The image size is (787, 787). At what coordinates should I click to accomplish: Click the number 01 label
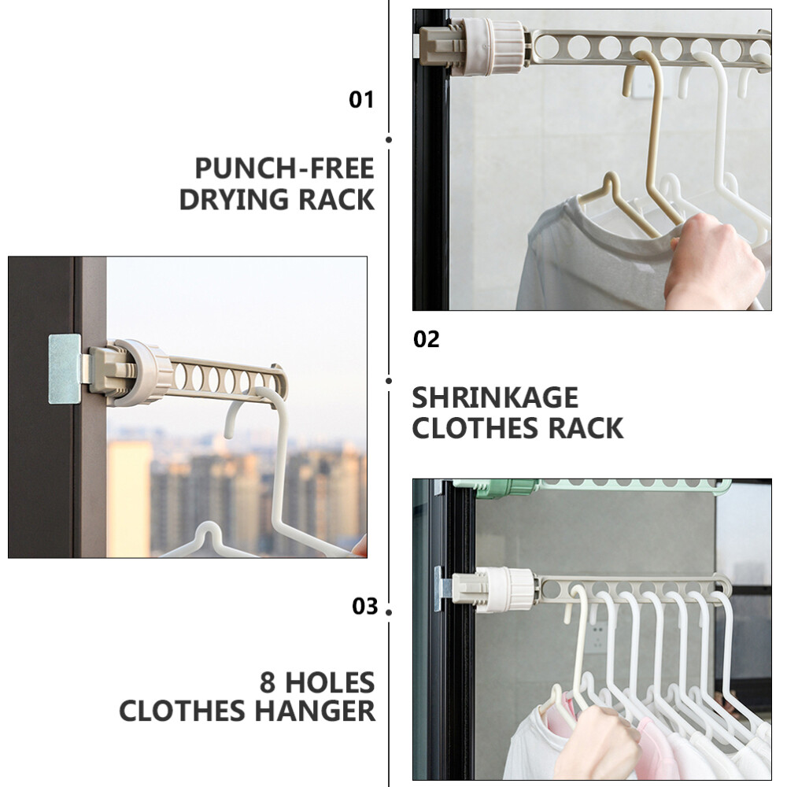pos(361,100)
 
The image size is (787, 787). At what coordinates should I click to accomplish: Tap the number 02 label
pos(426,340)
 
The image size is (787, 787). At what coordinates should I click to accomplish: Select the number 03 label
pos(365,606)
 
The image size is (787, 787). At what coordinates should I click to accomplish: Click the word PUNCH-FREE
pos(285,168)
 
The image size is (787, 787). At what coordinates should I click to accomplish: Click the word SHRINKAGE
pos(495,398)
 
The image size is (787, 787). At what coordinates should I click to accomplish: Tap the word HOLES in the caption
pos(331,682)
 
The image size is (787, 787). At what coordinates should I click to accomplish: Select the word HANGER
pos(316,711)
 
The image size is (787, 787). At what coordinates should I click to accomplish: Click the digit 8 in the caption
pos(268,682)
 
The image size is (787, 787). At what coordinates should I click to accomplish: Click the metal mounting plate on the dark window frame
pos(65,369)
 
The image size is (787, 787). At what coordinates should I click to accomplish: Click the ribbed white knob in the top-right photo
pos(494,46)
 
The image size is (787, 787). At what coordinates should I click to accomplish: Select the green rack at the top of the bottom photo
pos(593,486)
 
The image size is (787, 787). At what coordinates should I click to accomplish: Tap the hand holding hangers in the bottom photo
pos(600,743)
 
